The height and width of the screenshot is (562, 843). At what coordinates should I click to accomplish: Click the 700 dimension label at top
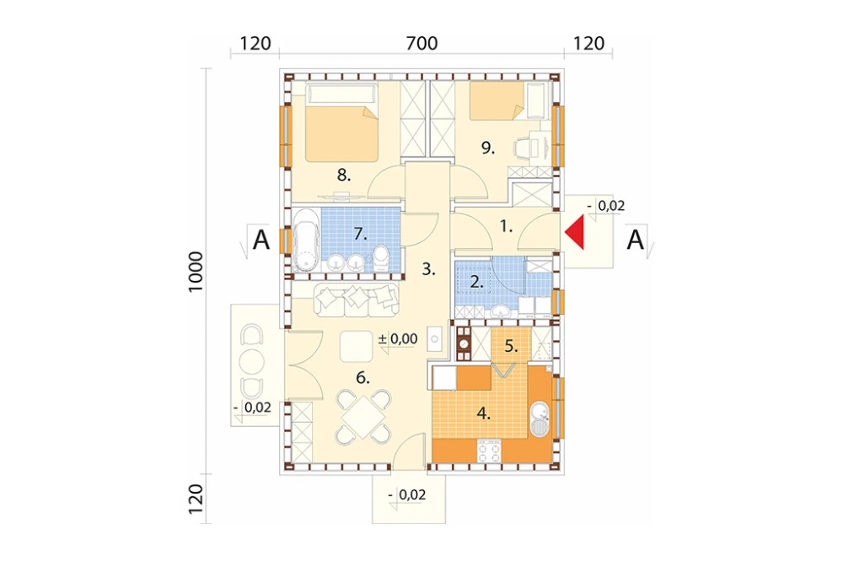421,43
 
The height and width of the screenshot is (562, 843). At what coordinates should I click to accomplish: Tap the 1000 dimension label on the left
196,272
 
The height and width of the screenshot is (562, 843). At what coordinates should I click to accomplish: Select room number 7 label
360,235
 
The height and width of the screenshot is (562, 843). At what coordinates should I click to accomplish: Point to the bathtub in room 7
305,240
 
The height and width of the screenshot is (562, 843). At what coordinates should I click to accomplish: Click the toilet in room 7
381,258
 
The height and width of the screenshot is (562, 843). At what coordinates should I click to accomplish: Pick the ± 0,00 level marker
398,338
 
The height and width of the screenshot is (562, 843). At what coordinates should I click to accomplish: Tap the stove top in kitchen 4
489,451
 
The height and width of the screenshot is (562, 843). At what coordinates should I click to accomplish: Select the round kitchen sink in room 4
539,419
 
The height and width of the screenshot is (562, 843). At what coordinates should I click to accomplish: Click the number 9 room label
487,147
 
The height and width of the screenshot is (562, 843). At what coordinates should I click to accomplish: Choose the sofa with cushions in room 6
357,300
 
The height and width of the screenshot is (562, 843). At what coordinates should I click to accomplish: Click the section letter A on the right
635,240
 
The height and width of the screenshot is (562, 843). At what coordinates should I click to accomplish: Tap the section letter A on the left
261,240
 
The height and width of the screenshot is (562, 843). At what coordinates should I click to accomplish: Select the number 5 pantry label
511,347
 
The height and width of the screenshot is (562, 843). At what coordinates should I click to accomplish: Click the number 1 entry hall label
506,227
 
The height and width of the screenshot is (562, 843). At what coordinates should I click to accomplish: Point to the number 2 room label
476,282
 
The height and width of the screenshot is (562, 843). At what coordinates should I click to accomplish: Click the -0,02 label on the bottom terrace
407,494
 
